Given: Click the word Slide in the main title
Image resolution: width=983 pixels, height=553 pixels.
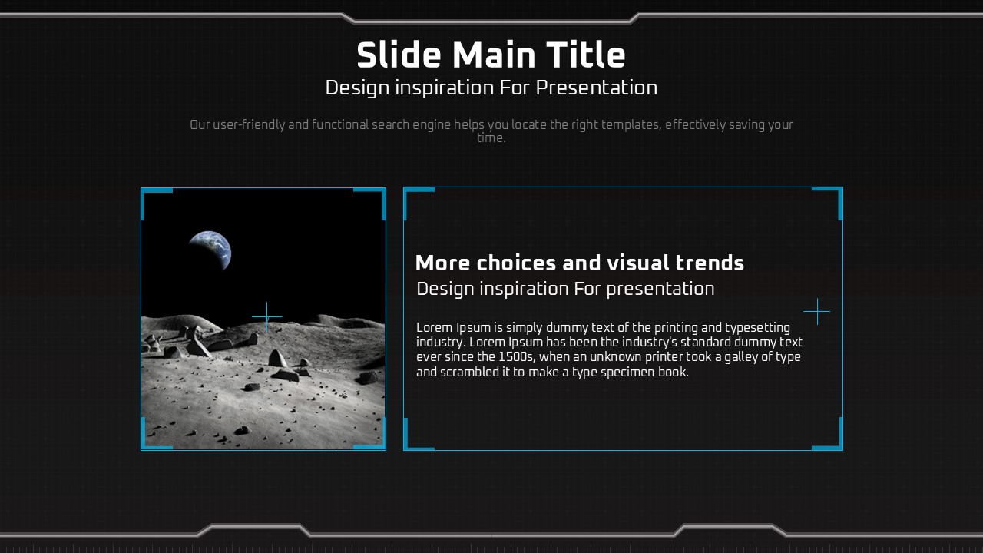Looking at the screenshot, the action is pos(399,55).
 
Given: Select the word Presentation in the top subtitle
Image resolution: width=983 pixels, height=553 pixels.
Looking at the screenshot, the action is pos(597,88).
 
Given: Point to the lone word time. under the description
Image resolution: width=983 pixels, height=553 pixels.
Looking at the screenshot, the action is pos(491,137).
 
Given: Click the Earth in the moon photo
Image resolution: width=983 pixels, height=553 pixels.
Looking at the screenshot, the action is pos(210,250).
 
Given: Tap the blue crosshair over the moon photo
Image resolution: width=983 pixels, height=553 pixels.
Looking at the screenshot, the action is pos(266,316).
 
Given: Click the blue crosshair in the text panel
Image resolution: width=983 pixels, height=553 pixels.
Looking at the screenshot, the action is pos(817,312).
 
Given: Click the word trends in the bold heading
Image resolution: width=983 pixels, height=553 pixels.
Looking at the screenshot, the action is pos(710,263).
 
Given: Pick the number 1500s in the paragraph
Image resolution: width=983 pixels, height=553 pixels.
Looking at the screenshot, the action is pos(517,357).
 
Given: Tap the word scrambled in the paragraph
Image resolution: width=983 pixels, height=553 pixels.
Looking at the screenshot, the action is pos(469,373).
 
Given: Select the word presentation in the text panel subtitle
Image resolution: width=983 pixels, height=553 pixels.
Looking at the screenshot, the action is pos(660,290).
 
